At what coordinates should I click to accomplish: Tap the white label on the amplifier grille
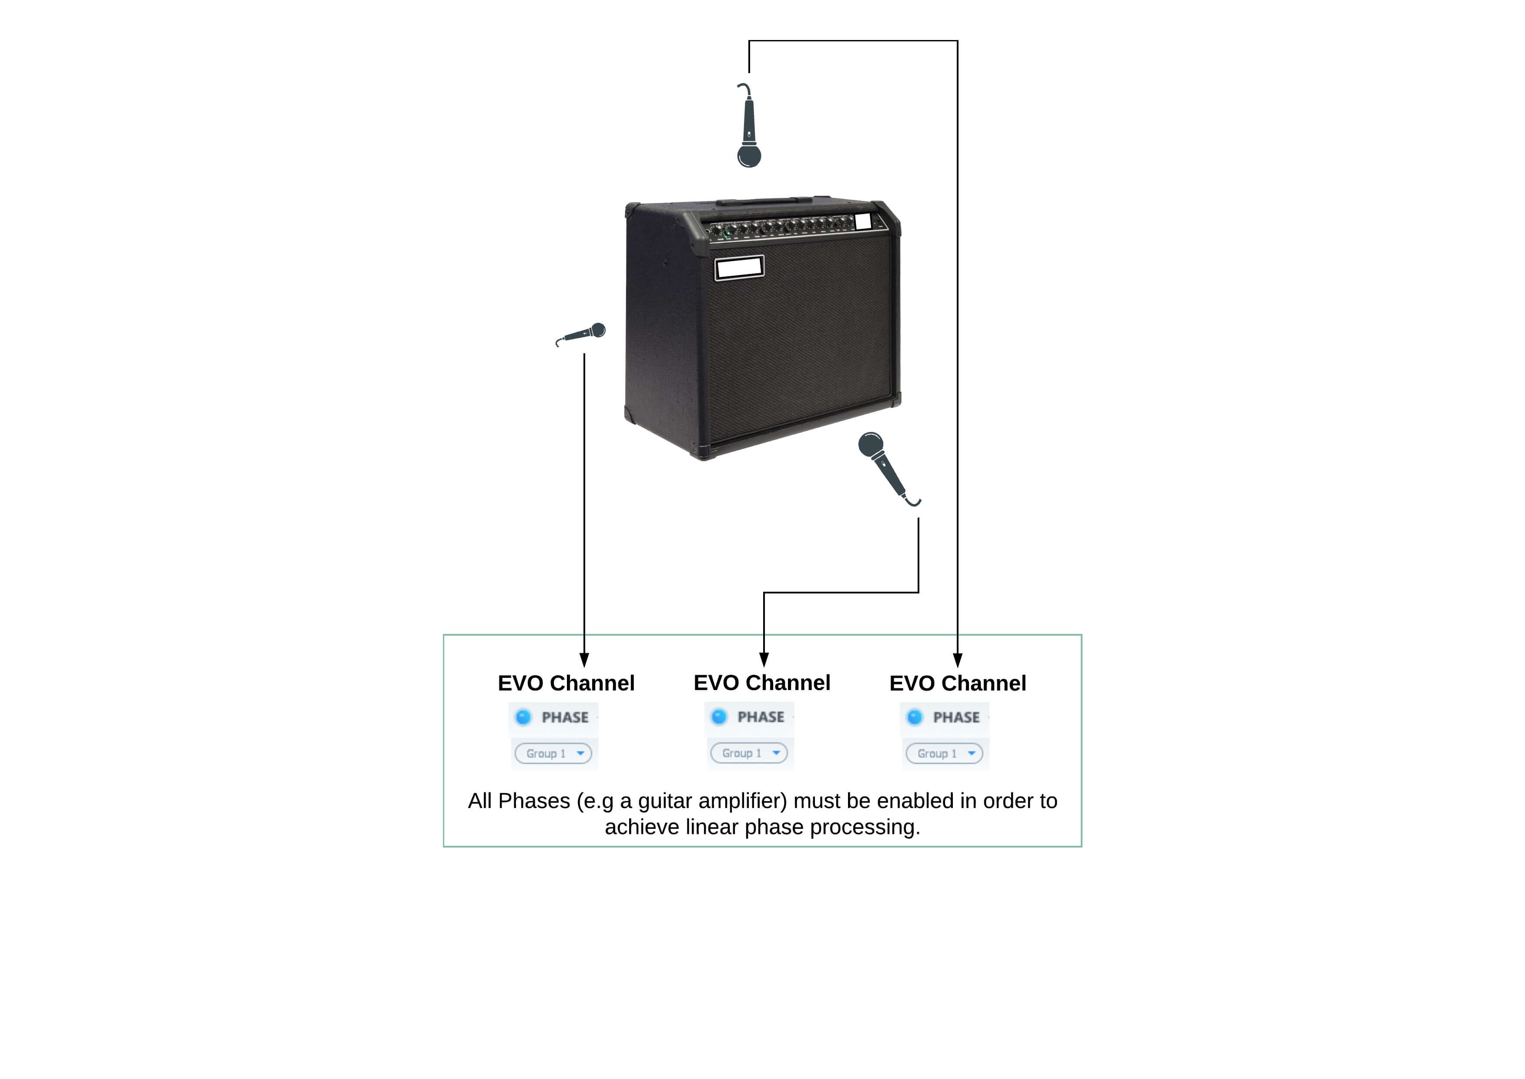point(739,268)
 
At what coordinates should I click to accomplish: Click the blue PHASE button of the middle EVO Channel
point(719,716)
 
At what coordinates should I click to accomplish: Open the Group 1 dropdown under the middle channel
point(749,753)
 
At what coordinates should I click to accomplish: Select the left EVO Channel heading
point(566,683)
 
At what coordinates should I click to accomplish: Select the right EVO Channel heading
point(958,683)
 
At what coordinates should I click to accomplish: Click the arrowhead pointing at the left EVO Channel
point(584,660)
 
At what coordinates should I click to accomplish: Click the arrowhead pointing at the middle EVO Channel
point(764,659)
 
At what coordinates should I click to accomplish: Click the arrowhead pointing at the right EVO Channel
point(958,660)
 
